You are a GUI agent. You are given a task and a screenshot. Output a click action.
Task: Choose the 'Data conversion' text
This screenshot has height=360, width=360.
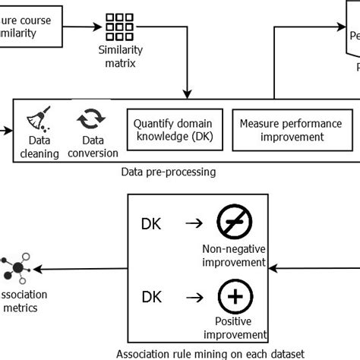89,147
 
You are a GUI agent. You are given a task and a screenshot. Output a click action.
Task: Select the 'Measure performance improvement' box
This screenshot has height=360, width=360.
290,130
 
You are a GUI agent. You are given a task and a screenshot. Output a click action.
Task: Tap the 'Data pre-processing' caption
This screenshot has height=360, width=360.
168,172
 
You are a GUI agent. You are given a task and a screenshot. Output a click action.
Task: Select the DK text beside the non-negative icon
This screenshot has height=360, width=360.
152,224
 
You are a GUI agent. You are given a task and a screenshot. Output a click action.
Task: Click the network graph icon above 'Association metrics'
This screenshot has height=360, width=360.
17,268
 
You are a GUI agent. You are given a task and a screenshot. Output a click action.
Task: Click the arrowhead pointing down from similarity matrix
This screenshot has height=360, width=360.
187,93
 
